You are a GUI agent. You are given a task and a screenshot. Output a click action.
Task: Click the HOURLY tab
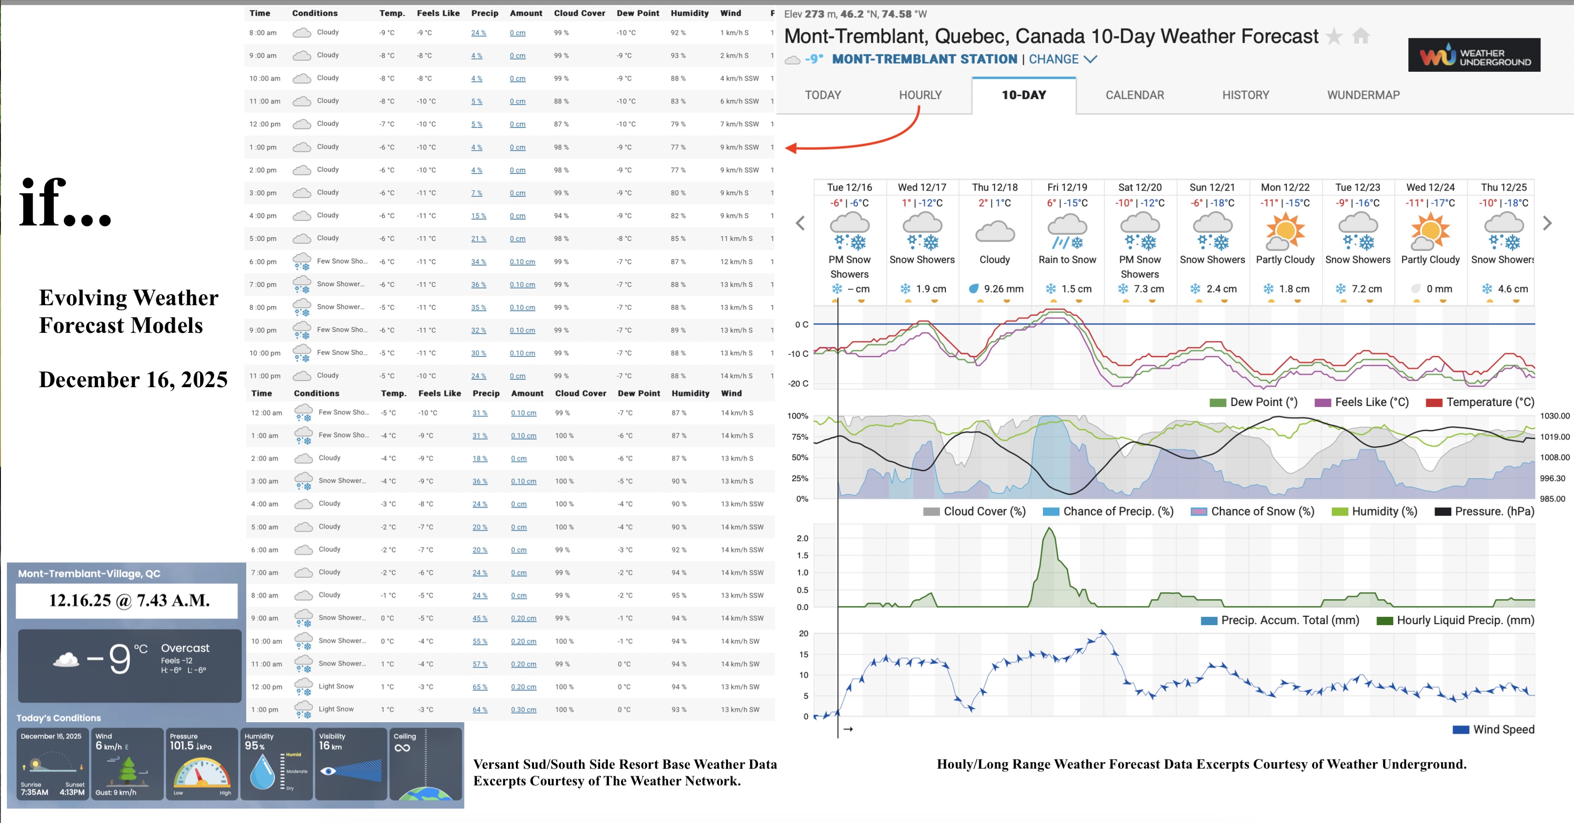920,95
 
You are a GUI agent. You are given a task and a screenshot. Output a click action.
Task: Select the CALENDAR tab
1134,95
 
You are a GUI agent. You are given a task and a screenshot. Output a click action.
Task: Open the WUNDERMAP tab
1363,95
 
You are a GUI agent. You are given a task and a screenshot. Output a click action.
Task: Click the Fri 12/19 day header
1067,187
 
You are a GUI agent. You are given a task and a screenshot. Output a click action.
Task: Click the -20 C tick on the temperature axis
798,384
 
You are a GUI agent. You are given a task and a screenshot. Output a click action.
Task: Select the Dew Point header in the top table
637,13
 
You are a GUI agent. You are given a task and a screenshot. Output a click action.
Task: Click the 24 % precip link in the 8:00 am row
479,33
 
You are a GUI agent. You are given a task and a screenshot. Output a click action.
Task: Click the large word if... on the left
65,202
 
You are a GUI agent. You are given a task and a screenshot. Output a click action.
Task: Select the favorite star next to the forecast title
1334,37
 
